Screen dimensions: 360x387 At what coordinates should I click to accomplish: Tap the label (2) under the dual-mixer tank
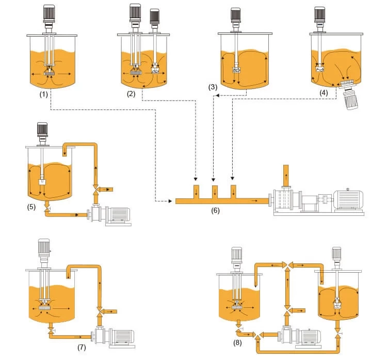pos(131,93)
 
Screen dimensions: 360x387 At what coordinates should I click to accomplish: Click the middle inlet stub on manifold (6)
pos(215,190)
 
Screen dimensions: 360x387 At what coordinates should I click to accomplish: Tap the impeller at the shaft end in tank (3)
pos(236,68)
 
